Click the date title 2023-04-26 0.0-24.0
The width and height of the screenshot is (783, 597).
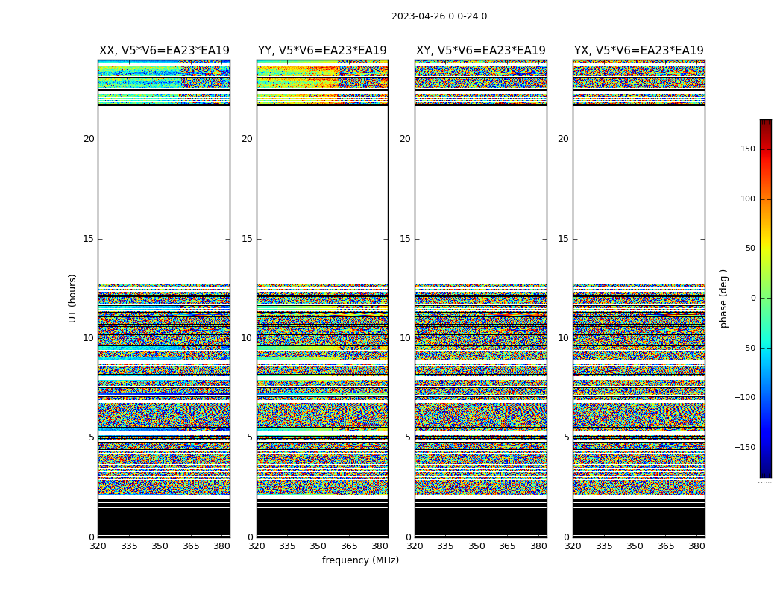click(x=438, y=16)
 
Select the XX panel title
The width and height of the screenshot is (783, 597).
click(x=164, y=51)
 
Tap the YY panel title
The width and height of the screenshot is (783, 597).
click(x=322, y=51)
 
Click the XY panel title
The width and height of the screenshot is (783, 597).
click(x=480, y=51)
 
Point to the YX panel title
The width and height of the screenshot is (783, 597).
click(x=638, y=51)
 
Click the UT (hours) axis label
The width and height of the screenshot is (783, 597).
click(x=72, y=298)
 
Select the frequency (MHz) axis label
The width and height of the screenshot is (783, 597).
click(x=360, y=560)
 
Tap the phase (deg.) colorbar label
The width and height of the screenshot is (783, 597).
click(x=723, y=298)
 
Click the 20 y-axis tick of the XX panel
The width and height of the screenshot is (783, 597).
click(x=89, y=139)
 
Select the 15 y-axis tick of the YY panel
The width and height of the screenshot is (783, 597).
click(x=247, y=239)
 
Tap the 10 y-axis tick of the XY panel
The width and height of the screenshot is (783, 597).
click(x=405, y=338)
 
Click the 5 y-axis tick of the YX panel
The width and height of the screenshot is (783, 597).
click(x=566, y=437)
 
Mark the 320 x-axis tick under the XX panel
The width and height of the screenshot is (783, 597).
click(x=98, y=546)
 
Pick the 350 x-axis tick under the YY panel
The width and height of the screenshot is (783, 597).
click(x=318, y=546)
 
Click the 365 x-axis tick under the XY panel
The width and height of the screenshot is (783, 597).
click(x=507, y=546)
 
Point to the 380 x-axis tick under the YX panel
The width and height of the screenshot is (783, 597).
click(x=696, y=546)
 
